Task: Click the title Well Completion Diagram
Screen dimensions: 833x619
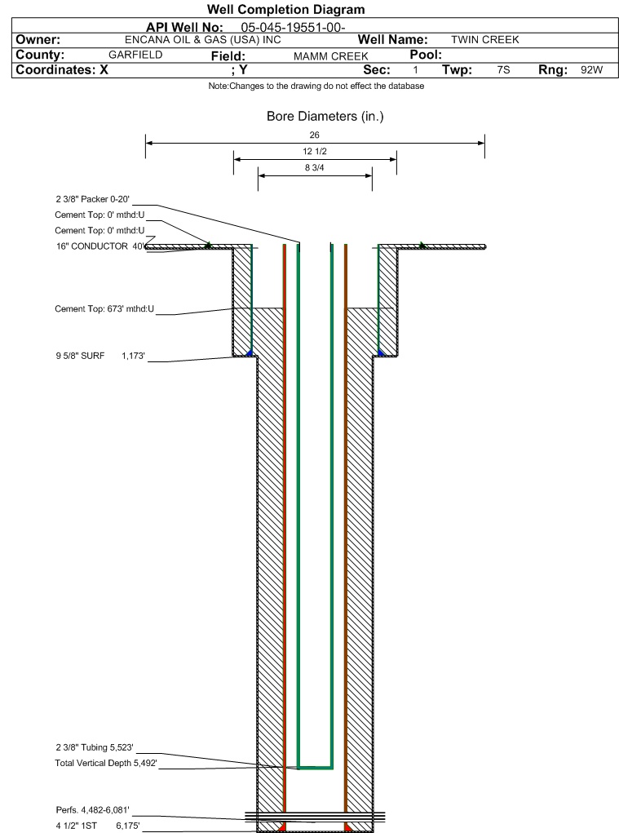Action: point(285,10)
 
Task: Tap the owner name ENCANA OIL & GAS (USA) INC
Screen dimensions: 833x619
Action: point(203,40)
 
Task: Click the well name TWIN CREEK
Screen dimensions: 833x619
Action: point(484,40)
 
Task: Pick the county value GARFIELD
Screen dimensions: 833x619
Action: point(135,55)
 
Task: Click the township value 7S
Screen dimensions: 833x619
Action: point(503,70)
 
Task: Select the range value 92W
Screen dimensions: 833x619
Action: point(591,70)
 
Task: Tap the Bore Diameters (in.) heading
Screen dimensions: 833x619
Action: point(325,117)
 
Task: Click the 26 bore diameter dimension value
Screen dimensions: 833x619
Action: point(315,135)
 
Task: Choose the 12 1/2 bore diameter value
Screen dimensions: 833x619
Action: point(315,152)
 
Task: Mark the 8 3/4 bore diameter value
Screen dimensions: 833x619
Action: point(315,168)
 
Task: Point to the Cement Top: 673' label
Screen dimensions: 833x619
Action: point(104,309)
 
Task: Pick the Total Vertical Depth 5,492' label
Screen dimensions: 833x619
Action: point(106,764)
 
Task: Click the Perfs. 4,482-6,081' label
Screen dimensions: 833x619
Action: point(92,810)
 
